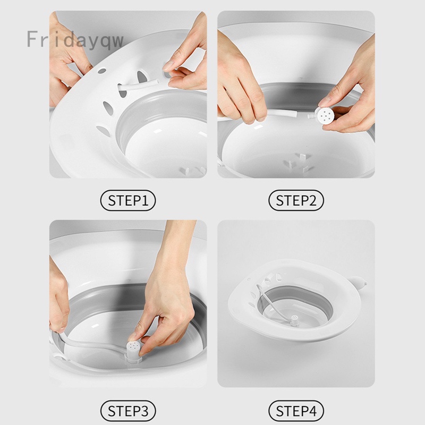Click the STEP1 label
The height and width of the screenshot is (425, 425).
[x=127, y=200]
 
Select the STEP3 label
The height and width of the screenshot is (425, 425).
[x=127, y=410]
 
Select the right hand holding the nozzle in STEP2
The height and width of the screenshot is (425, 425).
[x=348, y=101]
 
